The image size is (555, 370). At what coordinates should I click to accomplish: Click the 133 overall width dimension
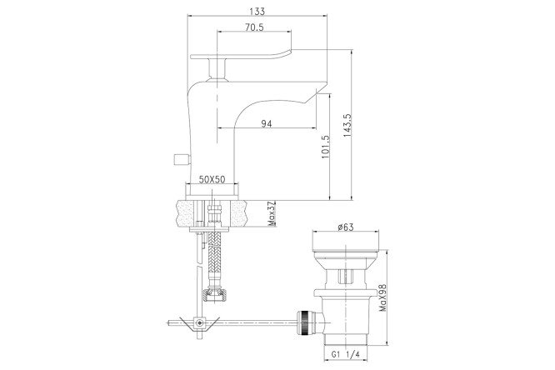pyautogui.click(x=257, y=12)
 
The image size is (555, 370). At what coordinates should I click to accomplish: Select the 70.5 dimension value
pyautogui.click(x=254, y=27)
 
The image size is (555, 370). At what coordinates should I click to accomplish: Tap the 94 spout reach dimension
pyautogui.click(x=267, y=123)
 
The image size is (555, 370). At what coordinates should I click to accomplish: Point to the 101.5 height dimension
pyautogui.click(x=325, y=147)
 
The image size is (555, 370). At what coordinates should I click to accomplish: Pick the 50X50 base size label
pyautogui.click(x=212, y=179)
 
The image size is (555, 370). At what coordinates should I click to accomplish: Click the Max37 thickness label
pyautogui.click(x=272, y=214)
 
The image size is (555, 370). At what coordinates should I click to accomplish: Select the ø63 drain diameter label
pyautogui.click(x=346, y=227)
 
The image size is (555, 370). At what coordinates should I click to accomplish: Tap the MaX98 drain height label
pyautogui.click(x=382, y=298)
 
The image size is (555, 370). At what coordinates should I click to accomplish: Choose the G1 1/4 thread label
pyautogui.click(x=345, y=354)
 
